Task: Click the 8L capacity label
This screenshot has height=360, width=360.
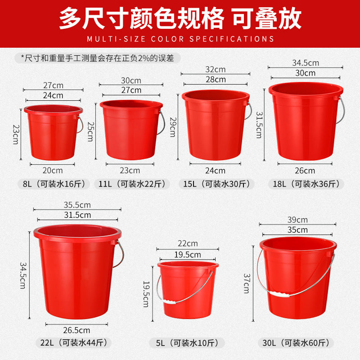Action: [54, 184]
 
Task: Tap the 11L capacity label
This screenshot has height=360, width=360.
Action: [132, 184]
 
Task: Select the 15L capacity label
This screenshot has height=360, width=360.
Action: [216, 184]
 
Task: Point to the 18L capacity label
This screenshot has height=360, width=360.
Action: [306, 184]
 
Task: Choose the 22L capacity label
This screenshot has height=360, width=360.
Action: [74, 343]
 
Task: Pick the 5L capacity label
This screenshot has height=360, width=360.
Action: [187, 343]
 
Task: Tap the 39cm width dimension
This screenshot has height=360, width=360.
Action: [297, 220]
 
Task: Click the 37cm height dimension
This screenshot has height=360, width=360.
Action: [247, 283]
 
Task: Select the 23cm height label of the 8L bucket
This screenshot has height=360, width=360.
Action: [16, 134]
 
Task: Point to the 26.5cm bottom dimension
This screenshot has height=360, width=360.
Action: [76, 330]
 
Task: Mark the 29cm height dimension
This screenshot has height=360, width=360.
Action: [173, 127]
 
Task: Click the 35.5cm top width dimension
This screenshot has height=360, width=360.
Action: [77, 205]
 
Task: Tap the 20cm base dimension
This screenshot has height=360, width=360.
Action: [53, 171]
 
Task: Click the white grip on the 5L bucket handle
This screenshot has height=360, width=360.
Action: [169, 301]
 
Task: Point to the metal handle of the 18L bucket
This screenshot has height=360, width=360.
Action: [342, 110]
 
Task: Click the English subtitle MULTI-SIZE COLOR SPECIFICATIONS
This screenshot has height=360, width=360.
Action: [180, 39]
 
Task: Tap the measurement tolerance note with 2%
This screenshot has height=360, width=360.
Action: [98, 58]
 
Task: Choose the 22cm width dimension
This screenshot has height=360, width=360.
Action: [188, 243]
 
